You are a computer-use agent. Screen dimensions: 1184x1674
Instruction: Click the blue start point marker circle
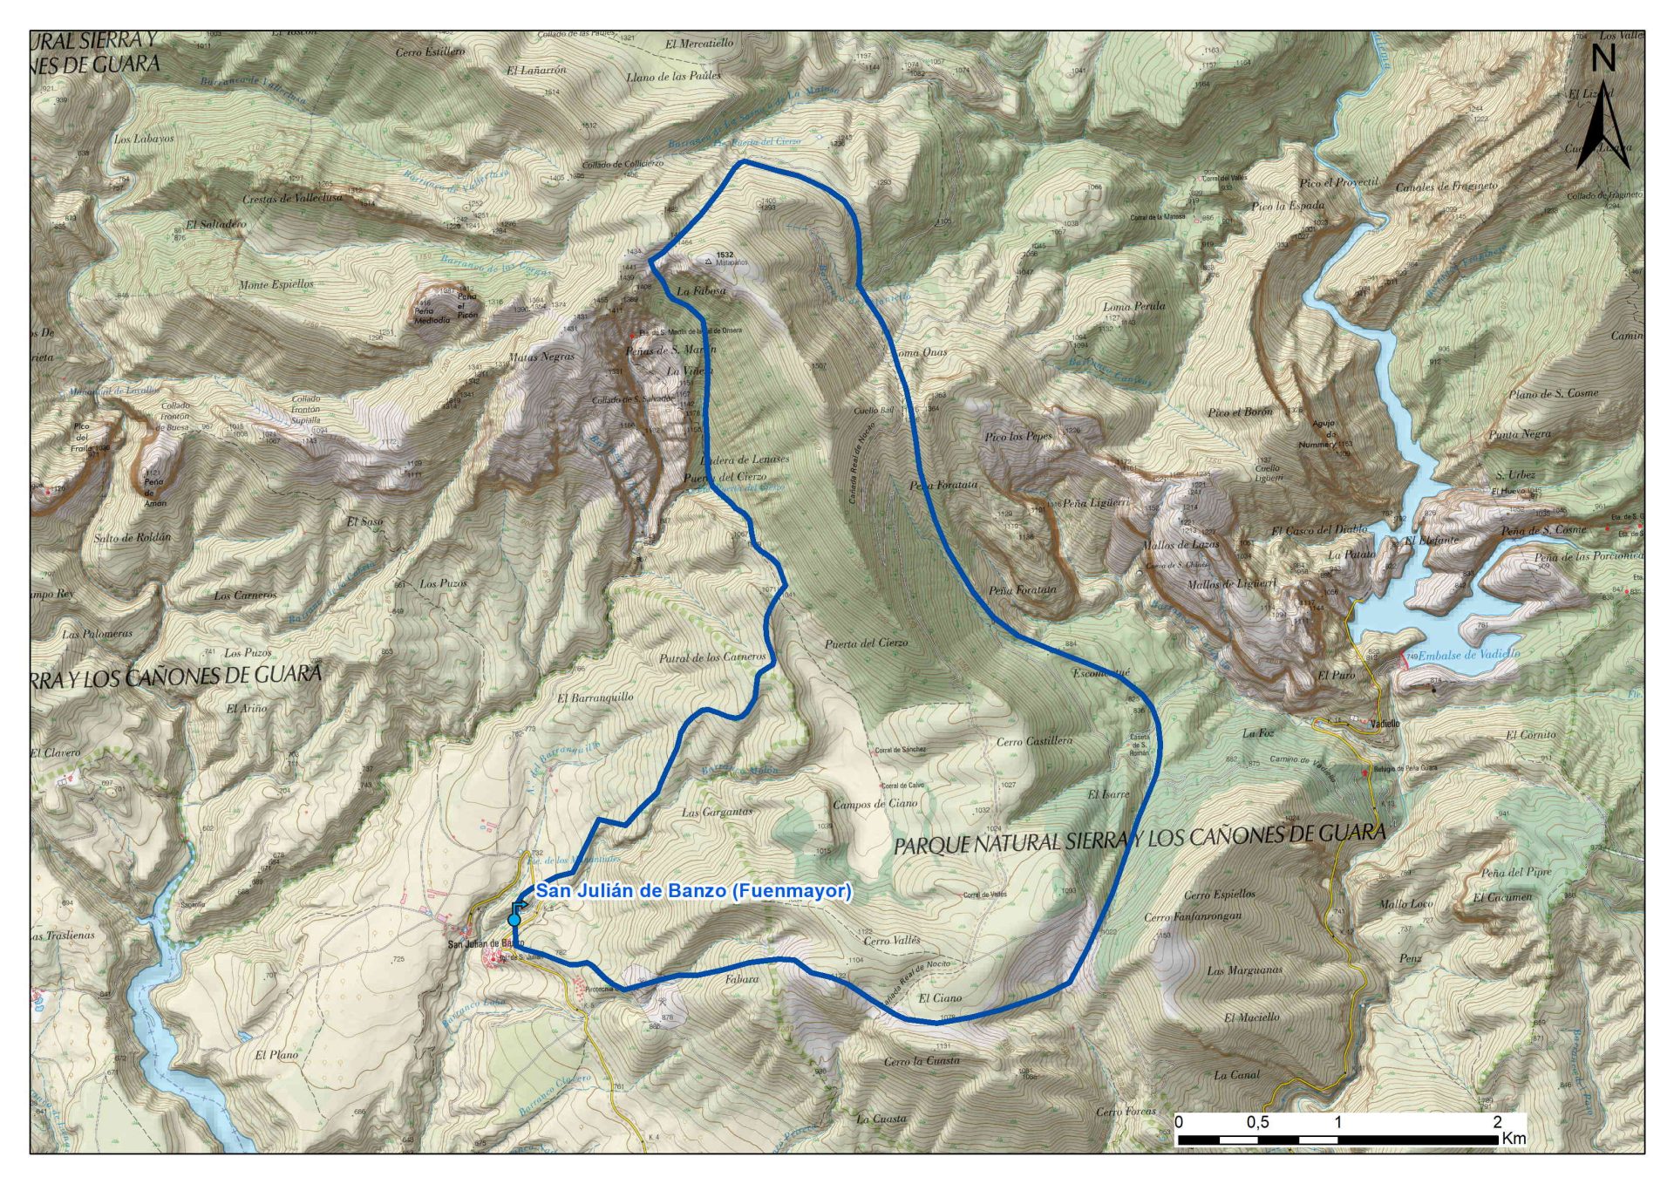(x=514, y=920)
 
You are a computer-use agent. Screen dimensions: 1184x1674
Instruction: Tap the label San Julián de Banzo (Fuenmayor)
(x=693, y=891)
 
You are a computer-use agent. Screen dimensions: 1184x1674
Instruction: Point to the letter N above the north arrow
(x=1603, y=58)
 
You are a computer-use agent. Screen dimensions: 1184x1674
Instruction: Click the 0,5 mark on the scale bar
(x=1257, y=1123)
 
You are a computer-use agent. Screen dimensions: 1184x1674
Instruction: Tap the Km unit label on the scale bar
(x=1514, y=1139)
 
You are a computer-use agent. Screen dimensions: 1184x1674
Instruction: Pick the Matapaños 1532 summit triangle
(x=707, y=260)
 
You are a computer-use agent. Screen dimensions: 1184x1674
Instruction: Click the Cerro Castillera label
(x=1034, y=741)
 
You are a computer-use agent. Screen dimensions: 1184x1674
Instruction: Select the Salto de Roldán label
(x=133, y=537)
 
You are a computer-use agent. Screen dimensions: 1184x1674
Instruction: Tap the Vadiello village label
(x=1385, y=724)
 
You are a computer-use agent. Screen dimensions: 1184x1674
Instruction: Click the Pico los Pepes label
(x=1017, y=436)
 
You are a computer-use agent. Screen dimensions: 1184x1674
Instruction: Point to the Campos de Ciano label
(x=875, y=804)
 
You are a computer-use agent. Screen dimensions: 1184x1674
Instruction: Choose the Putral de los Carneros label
(x=711, y=657)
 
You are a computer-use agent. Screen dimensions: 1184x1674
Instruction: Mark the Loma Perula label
(x=1133, y=306)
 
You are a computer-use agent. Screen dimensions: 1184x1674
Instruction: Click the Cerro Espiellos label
(x=1220, y=895)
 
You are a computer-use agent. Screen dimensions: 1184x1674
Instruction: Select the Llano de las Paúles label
(x=673, y=77)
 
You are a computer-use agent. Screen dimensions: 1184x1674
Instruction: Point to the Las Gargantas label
(x=717, y=812)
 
